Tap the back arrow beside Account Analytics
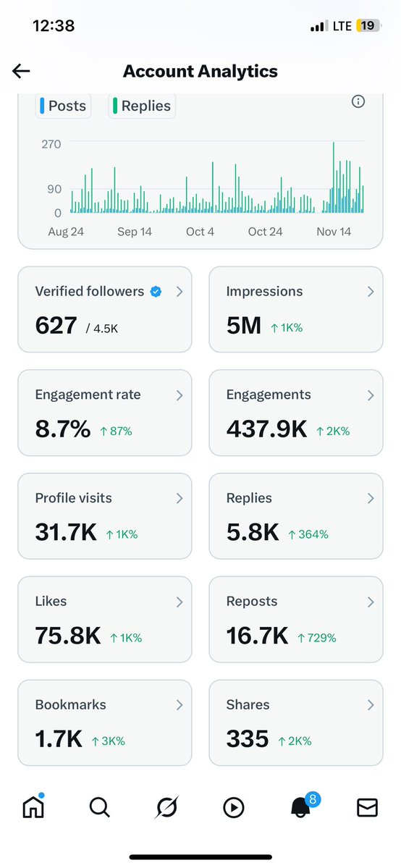21,70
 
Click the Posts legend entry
63,106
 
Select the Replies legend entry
143,106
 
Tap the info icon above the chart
358,102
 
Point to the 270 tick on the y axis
51,144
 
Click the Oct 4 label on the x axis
200,232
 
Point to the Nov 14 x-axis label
334,232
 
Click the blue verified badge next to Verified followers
156,292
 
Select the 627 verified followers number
56,326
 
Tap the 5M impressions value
243,326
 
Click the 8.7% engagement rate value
62,429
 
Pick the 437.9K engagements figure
266,429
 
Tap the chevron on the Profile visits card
179,498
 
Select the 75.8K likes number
67,636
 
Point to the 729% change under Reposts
316,638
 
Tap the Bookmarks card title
70,704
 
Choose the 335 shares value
247,739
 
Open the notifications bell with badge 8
299,806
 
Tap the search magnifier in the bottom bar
99,807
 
